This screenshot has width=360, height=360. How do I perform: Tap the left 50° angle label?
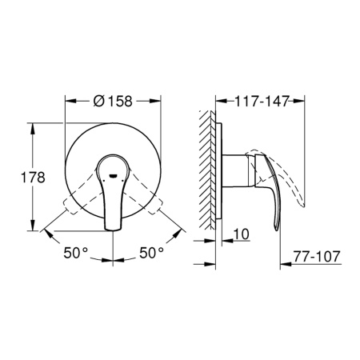tap(77, 252)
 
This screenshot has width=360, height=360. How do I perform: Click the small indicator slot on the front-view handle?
tap(114, 171)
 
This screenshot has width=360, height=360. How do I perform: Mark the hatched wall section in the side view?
tap(207, 172)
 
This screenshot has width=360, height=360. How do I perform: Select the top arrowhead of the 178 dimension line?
tap(33, 125)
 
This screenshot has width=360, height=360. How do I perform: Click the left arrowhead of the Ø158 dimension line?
tap(66, 102)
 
